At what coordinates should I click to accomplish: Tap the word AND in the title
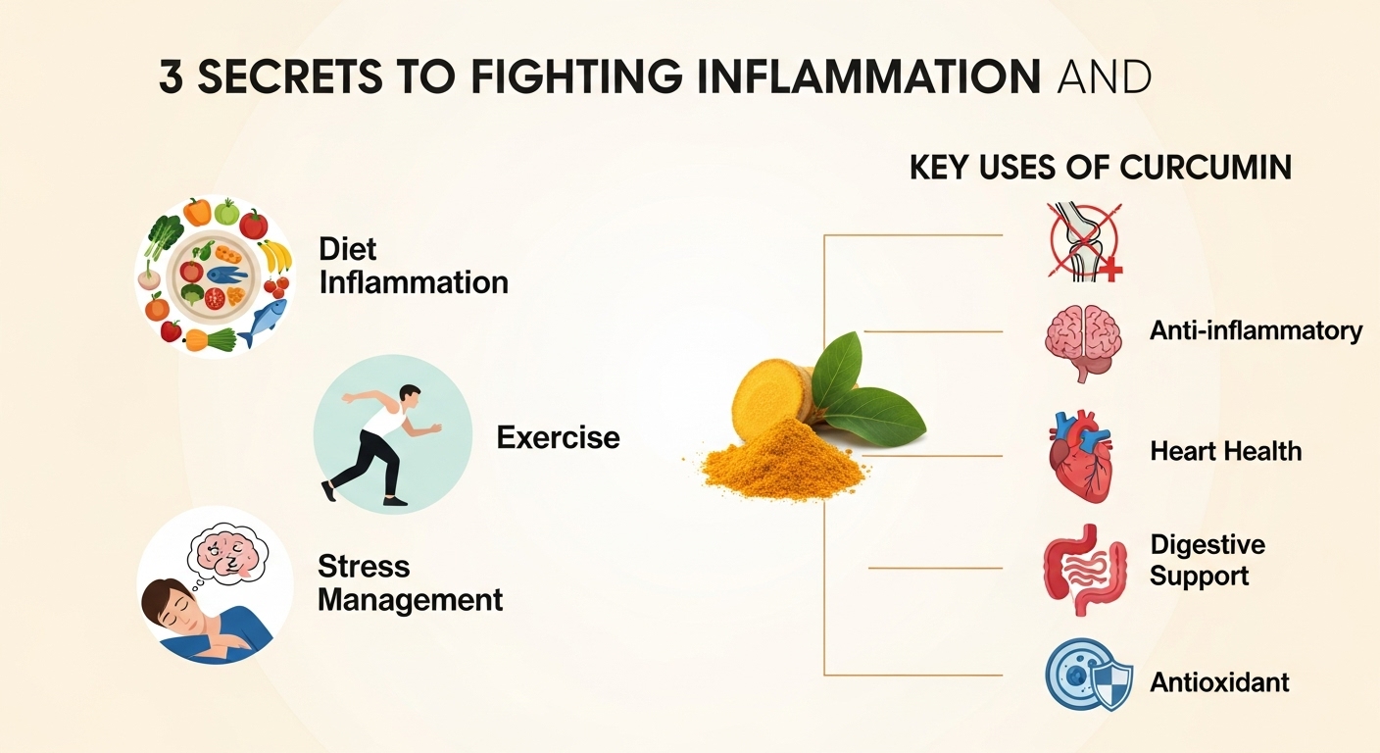(1104, 77)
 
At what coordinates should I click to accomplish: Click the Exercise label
(558, 436)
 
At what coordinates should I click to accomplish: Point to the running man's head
(410, 397)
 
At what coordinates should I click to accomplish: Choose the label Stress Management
(410, 582)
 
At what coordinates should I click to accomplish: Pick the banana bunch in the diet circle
(275, 256)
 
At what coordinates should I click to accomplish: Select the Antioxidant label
(1219, 681)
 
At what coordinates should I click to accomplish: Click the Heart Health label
(1225, 452)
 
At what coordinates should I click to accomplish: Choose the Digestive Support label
(1207, 559)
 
